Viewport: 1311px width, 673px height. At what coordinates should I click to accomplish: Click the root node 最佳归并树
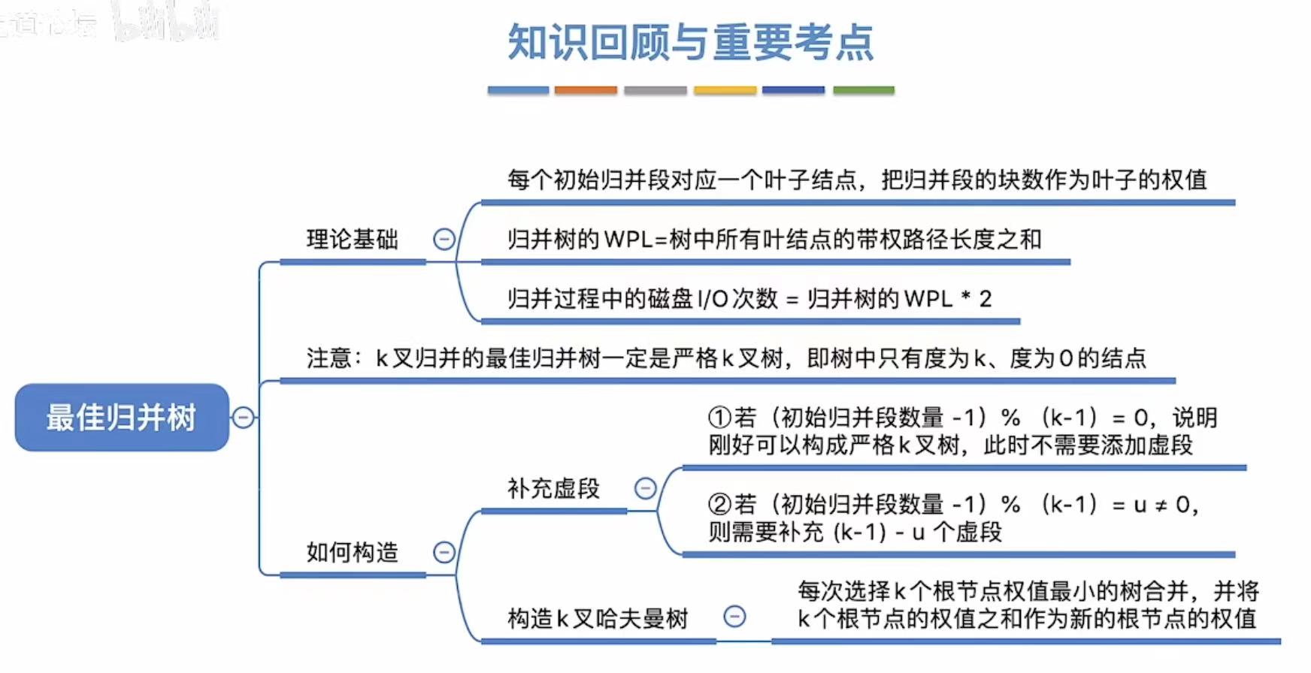coord(121,418)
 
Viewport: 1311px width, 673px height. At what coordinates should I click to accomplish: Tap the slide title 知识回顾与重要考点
coord(691,42)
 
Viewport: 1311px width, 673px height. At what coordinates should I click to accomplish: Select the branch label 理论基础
coord(352,240)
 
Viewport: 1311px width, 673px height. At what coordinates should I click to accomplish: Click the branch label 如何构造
coord(352,553)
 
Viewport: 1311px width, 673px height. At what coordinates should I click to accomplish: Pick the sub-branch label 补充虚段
coord(553,489)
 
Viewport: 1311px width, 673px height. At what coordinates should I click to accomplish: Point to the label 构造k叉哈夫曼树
coord(598,619)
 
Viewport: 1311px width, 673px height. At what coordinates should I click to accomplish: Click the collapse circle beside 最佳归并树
coord(243,418)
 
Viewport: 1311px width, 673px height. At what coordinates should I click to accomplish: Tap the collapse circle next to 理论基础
coord(444,240)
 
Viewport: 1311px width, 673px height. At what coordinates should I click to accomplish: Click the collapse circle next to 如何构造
coord(444,553)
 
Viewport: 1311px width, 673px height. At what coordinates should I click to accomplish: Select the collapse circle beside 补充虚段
coord(645,489)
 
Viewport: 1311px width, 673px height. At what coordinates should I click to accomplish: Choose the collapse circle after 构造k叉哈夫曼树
coord(734,617)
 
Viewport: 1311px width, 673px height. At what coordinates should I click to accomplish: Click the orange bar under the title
coord(586,90)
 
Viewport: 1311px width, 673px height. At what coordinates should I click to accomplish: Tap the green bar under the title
coord(863,90)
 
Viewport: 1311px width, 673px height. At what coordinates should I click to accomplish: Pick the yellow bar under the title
coord(725,90)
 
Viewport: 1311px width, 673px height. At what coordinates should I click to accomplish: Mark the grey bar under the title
coord(655,90)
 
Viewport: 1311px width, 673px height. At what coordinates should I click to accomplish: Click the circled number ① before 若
coord(719,418)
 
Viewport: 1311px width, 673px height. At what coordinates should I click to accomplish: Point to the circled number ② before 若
coord(719,505)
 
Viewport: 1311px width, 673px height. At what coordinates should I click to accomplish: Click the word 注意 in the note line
coord(329,358)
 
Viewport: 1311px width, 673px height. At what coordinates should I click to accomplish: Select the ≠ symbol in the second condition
coord(1161,506)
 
